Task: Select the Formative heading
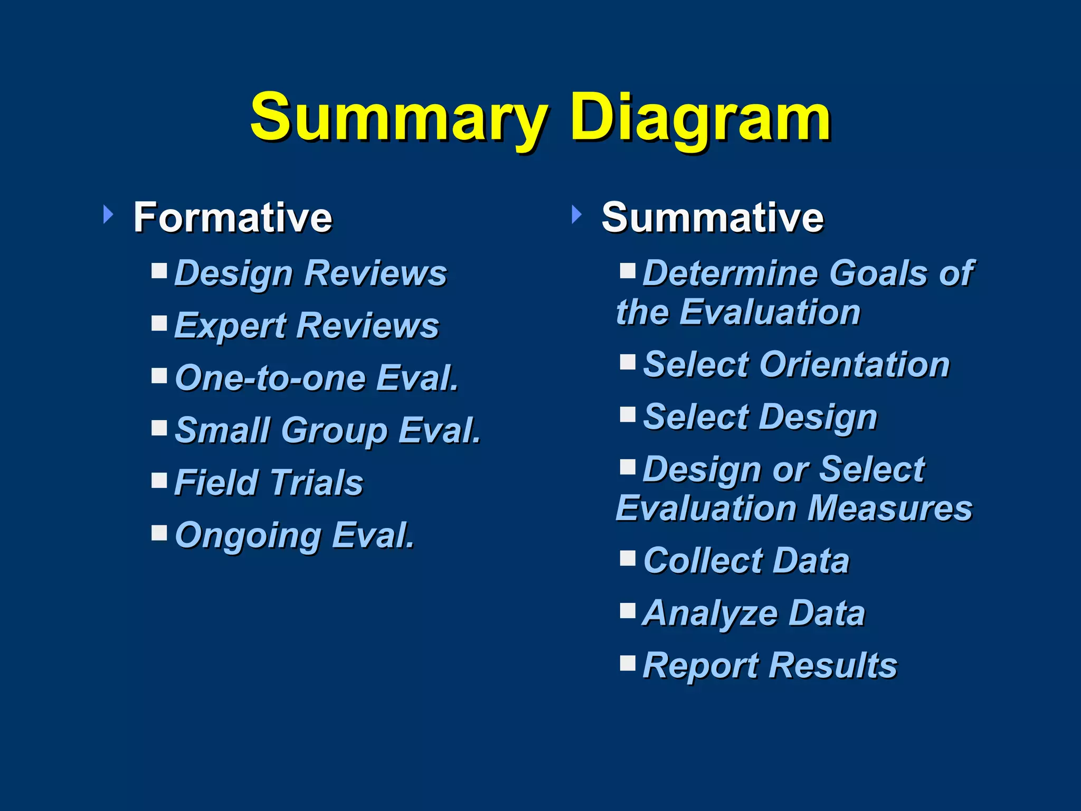pos(233,217)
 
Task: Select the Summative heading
pos(712,217)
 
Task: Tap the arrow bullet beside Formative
pos(108,214)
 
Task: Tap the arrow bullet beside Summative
pos(576,214)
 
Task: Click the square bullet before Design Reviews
pos(159,271)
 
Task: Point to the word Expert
pos(230,325)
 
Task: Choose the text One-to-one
pos(270,378)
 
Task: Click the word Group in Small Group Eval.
pos(335,431)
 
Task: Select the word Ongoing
pos(248,535)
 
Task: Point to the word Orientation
pos(855,364)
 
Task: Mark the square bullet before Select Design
pos(628,414)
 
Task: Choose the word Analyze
pos(710,613)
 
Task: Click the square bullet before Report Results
pos(628,662)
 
